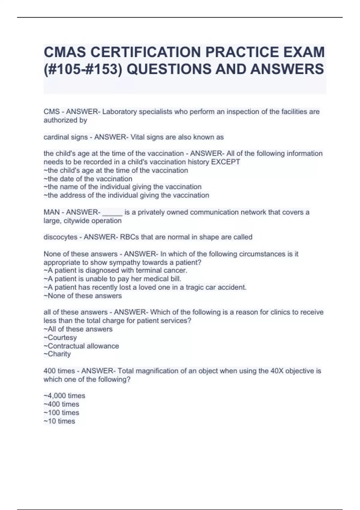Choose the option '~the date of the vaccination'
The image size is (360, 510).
tap(88, 179)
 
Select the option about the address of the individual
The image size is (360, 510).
tap(126, 195)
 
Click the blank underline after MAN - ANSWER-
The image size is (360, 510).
tap(112, 213)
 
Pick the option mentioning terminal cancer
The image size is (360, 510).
tap(115, 270)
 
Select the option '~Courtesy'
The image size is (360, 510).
tap(60, 337)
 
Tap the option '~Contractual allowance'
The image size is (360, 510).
tap(81, 346)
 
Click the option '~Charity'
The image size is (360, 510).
tap(57, 354)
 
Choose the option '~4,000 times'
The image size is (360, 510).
tap(64, 396)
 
